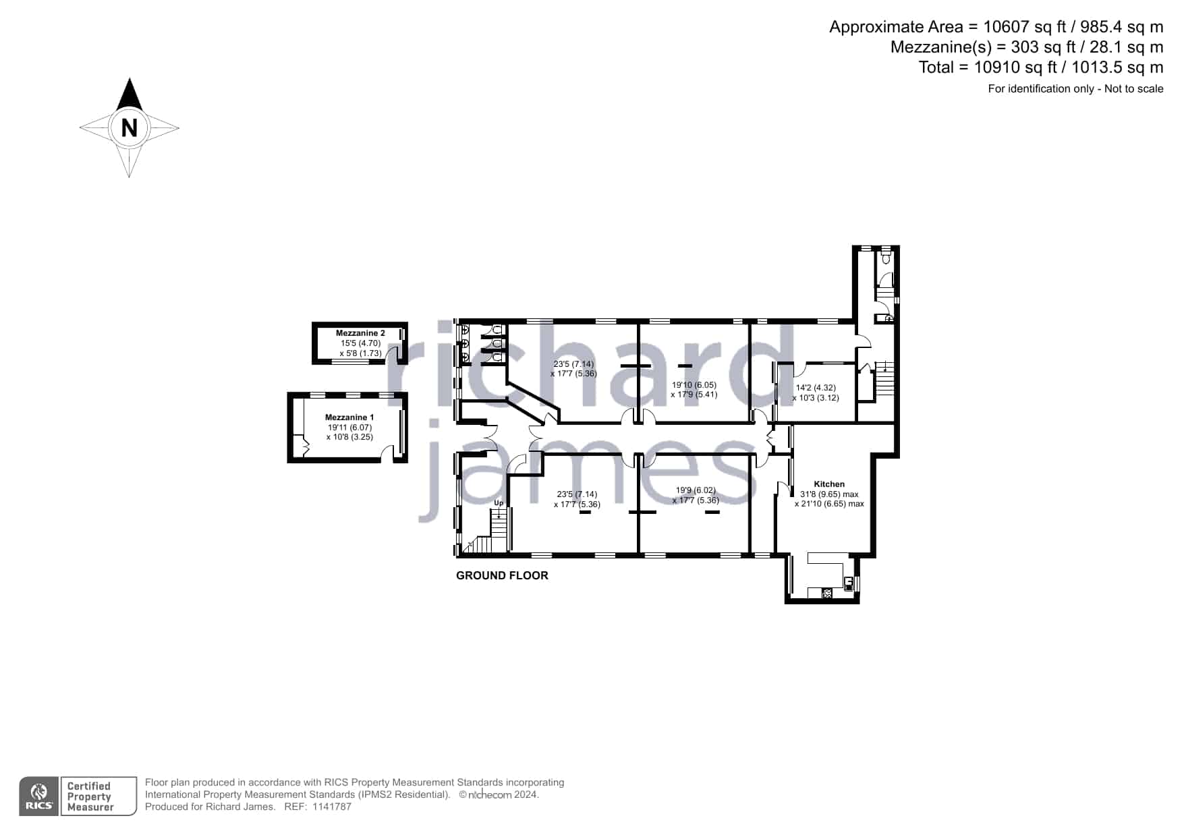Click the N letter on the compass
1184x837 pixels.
[x=129, y=127]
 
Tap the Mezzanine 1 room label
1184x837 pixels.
[x=346, y=417]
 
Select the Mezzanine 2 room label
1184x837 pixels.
[x=360, y=333]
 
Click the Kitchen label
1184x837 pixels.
[x=829, y=484]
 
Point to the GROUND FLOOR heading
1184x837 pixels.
[x=502, y=575]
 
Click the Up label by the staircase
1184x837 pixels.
[x=499, y=502]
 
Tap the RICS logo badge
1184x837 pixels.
[x=39, y=797]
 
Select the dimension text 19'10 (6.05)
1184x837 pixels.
[x=694, y=385]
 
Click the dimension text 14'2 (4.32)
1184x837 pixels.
[x=816, y=388]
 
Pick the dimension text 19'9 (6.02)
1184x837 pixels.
[x=696, y=490]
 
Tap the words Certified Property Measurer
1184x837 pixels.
[x=90, y=797]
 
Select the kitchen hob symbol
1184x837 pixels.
[x=826, y=594]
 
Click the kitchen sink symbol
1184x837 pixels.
[x=849, y=582]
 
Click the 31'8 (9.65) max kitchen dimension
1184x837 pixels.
[x=829, y=494]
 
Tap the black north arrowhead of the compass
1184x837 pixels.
[x=129, y=95]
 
